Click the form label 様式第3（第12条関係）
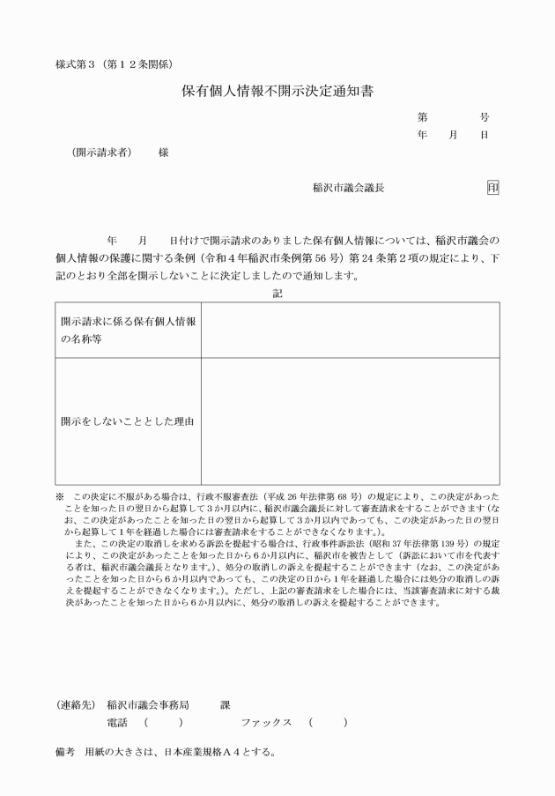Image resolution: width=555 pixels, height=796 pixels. pyautogui.click(x=118, y=63)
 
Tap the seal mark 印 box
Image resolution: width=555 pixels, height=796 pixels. pyautogui.click(x=492, y=188)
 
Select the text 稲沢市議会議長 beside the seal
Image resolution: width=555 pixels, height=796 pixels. pyautogui.click(x=348, y=188)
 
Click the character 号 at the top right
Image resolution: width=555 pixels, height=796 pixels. pyautogui.click(x=485, y=116)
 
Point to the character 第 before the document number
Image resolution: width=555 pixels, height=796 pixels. pyautogui.click(x=423, y=116)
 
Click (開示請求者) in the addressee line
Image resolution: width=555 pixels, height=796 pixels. pyautogui.click(x=101, y=152)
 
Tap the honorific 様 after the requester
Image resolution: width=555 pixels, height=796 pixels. pyautogui.click(x=163, y=152)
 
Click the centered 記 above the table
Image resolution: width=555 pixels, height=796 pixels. pyautogui.click(x=277, y=294)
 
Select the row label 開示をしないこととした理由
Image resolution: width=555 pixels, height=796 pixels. pyautogui.click(x=127, y=420)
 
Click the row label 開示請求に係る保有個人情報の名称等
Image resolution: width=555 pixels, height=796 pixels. pyautogui.click(x=127, y=331)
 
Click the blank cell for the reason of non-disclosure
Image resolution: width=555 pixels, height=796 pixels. pyautogui.click(x=350, y=420)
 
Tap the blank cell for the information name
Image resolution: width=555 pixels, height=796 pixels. pyautogui.click(x=350, y=331)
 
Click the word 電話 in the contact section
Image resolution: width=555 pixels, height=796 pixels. pyautogui.click(x=115, y=722)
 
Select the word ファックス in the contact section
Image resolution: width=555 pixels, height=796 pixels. pyautogui.click(x=266, y=722)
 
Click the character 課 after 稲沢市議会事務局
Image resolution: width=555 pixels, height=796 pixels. pyautogui.click(x=225, y=703)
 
